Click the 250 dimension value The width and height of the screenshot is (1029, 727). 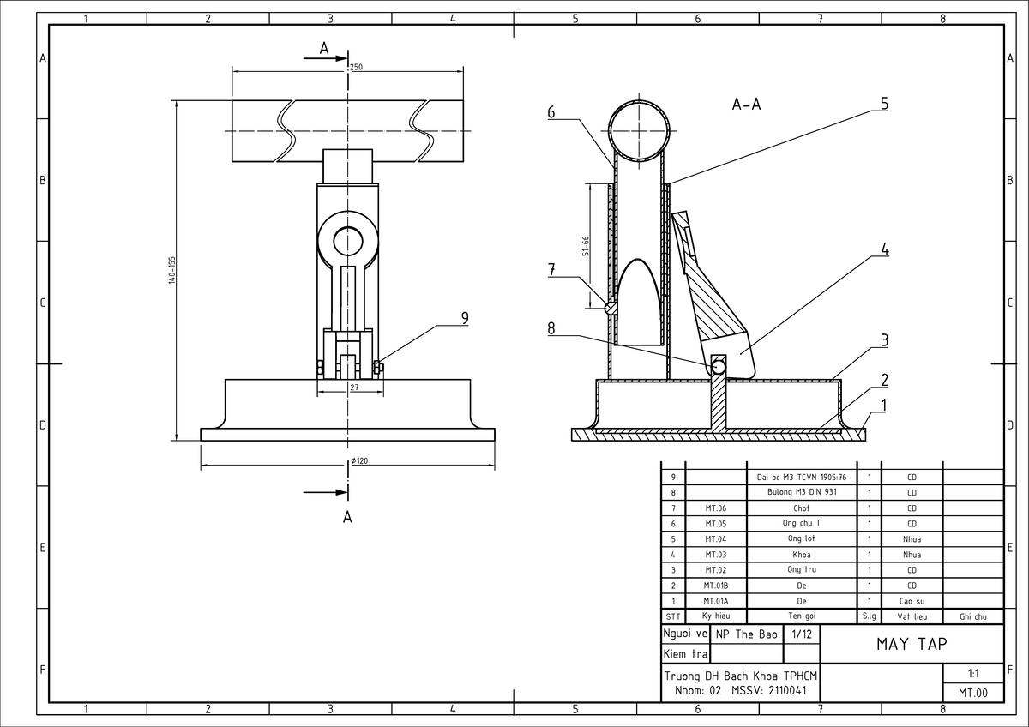click(356, 67)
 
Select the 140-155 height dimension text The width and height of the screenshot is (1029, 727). click(171, 270)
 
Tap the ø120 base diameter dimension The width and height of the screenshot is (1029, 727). click(359, 460)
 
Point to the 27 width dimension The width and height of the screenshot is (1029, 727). click(354, 388)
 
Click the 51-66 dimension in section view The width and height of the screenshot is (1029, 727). click(585, 246)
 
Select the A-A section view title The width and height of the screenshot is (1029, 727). click(747, 105)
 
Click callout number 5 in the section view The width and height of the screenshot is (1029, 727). click(884, 104)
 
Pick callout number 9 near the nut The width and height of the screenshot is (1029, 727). click(465, 318)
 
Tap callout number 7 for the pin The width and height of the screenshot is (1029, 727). click(551, 269)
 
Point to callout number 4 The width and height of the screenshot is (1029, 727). click(885, 249)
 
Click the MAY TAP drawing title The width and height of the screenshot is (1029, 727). click(912, 644)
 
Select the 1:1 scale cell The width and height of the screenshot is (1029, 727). click(973, 673)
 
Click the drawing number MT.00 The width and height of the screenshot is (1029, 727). click(973, 693)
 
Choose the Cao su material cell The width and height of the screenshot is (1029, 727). click(912, 601)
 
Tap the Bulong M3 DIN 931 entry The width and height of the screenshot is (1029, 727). click(802, 492)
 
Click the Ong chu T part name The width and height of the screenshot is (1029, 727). click(802, 523)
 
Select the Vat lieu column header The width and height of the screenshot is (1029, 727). click(912, 616)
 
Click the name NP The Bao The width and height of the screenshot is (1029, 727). click(747, 634)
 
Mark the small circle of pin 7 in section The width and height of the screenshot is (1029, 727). click(611, 308)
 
